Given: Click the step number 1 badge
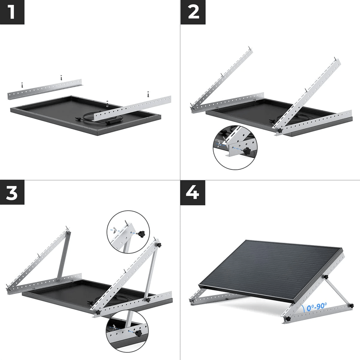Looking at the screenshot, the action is point(12,12).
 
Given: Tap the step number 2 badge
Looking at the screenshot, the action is point(193,12).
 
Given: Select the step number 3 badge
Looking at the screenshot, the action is point(12,192).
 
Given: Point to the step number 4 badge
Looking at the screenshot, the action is point(193,193).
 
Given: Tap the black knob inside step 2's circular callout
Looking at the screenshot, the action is point(247,151).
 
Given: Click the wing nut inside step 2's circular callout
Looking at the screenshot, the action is point(219,143).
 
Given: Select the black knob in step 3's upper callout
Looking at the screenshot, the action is point(141,234).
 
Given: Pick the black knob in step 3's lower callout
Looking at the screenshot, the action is point(138,333).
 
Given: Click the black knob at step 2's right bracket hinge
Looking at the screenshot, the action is point(280,130).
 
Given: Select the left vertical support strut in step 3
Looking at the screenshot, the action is point(63,256).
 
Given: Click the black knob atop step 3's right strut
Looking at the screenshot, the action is point(158,245).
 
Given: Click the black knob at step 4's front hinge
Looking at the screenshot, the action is point(287,319).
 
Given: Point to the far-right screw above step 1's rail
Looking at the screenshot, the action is point(148,94).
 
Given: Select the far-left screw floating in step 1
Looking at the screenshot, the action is point(22,85).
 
